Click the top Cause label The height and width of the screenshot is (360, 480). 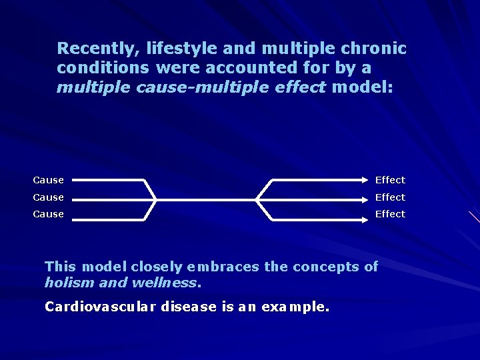48,180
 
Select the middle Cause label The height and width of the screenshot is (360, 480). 48,197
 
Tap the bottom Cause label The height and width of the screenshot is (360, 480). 48,214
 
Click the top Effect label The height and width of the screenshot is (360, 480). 390,180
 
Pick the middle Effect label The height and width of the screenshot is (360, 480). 390,197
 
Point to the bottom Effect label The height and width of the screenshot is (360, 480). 390,214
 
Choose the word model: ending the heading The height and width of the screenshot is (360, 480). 362,87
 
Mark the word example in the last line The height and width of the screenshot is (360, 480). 295,307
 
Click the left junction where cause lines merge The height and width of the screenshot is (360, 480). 155,199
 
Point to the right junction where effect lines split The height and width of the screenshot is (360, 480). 257,199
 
